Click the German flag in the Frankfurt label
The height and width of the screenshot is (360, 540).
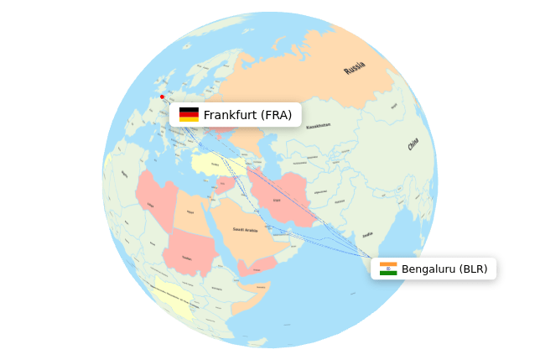[x=189, y=114]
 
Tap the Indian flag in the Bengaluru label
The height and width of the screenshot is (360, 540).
[x=388, y=269]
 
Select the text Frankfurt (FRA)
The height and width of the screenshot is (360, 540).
[x=247, y=114]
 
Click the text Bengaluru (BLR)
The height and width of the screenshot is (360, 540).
[x=444, y=269]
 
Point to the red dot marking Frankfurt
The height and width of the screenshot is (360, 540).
[x=163, y=97]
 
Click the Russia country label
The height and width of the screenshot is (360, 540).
[x=355, y=68]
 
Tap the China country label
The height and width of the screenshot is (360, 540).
[x=413, y=144]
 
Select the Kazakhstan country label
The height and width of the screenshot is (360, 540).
[x=318, y=126]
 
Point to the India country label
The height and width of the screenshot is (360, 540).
[x=368, y=235]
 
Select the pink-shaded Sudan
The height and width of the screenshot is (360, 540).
[x=186, y=256]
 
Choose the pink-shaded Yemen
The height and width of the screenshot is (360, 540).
[x=256, y=267]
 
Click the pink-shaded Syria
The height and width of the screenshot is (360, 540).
[x=225, y=182]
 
